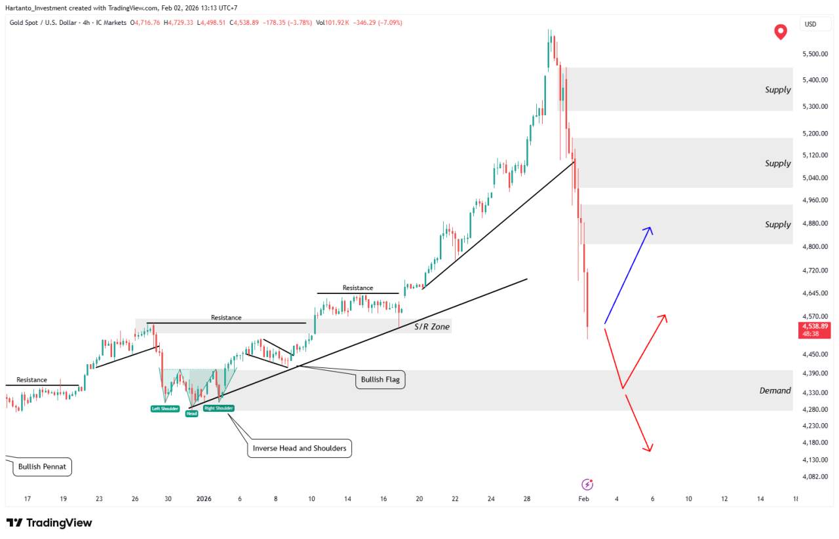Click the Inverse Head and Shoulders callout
coord(300,449)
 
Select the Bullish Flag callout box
coord(381,379)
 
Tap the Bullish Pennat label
coord(42,467)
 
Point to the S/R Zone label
coord(432,326)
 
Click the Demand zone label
coord(775,390)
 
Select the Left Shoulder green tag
coord(165,409)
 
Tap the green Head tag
coord(191,413)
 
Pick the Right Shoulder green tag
coord(218,408)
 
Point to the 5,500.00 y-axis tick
coord(814,54)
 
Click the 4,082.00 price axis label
coord(814,477)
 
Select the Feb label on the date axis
coord(583,499)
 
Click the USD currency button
coord(810,24)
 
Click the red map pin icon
coord(781,31)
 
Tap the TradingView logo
coord(50,523)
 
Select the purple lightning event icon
coord(587,485)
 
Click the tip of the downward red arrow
coord(650,451)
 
